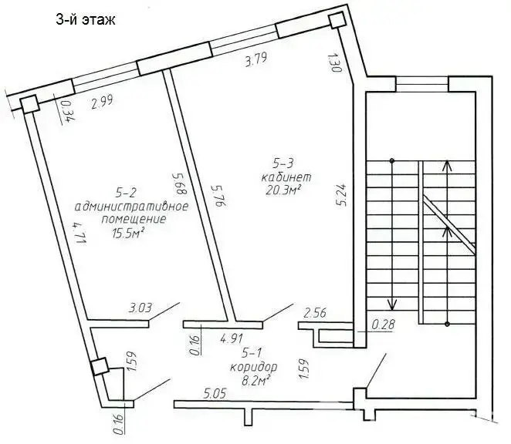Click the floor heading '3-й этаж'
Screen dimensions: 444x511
pos(85,21)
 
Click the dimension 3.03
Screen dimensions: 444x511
pos(140,309)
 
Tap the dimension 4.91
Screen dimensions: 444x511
pos(232,337)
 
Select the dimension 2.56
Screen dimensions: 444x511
pos(317,313)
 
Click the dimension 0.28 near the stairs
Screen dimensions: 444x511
pos(383,325)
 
